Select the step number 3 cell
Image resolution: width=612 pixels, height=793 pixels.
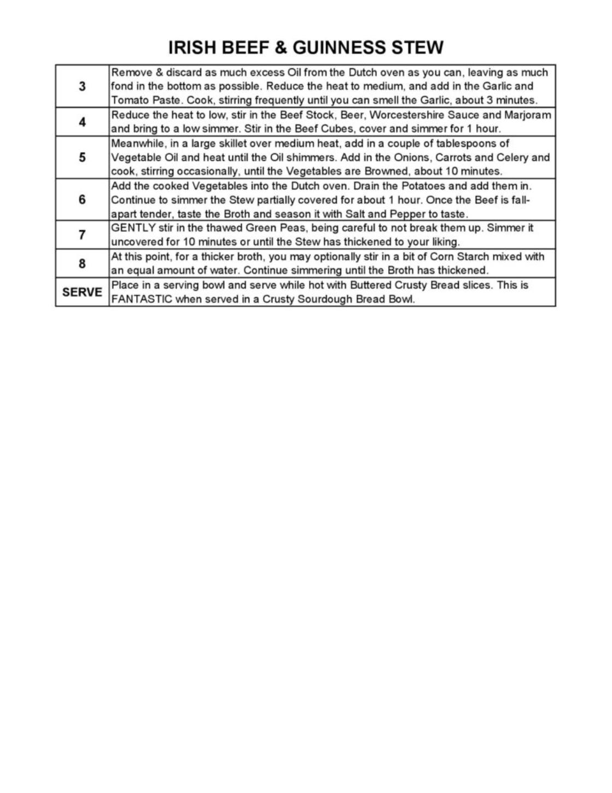tap(82, 86)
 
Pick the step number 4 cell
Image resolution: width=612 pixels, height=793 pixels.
tap(82, 121)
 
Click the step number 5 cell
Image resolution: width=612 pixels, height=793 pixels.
tap(82, 157)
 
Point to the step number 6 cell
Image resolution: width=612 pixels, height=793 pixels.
tap(82, 199)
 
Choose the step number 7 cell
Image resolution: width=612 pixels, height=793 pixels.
tap(82, 235)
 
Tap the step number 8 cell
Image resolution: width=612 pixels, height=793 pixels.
tap(82, 263)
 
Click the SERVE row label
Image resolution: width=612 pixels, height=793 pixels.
tap(82, 292)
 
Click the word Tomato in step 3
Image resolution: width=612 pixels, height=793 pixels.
tap(129, 100)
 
